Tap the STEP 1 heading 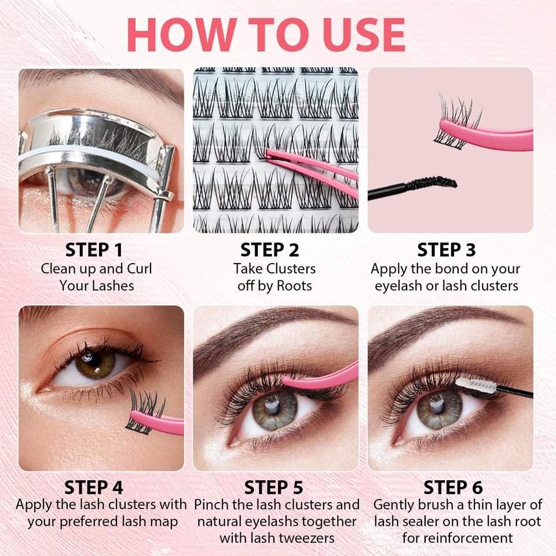[x=94, y=250]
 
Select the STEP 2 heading [x=270, y=250]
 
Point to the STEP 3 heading [x=446, y=250]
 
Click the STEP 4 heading [x=94, y=488]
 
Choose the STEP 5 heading [x=274, y=488]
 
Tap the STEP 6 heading [x=453, y=488]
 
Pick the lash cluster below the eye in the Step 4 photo [x=145, y=411]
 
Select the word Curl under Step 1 [x=140, y=269]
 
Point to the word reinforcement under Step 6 [x=458, y=538]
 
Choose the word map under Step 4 [x=163, y=522]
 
